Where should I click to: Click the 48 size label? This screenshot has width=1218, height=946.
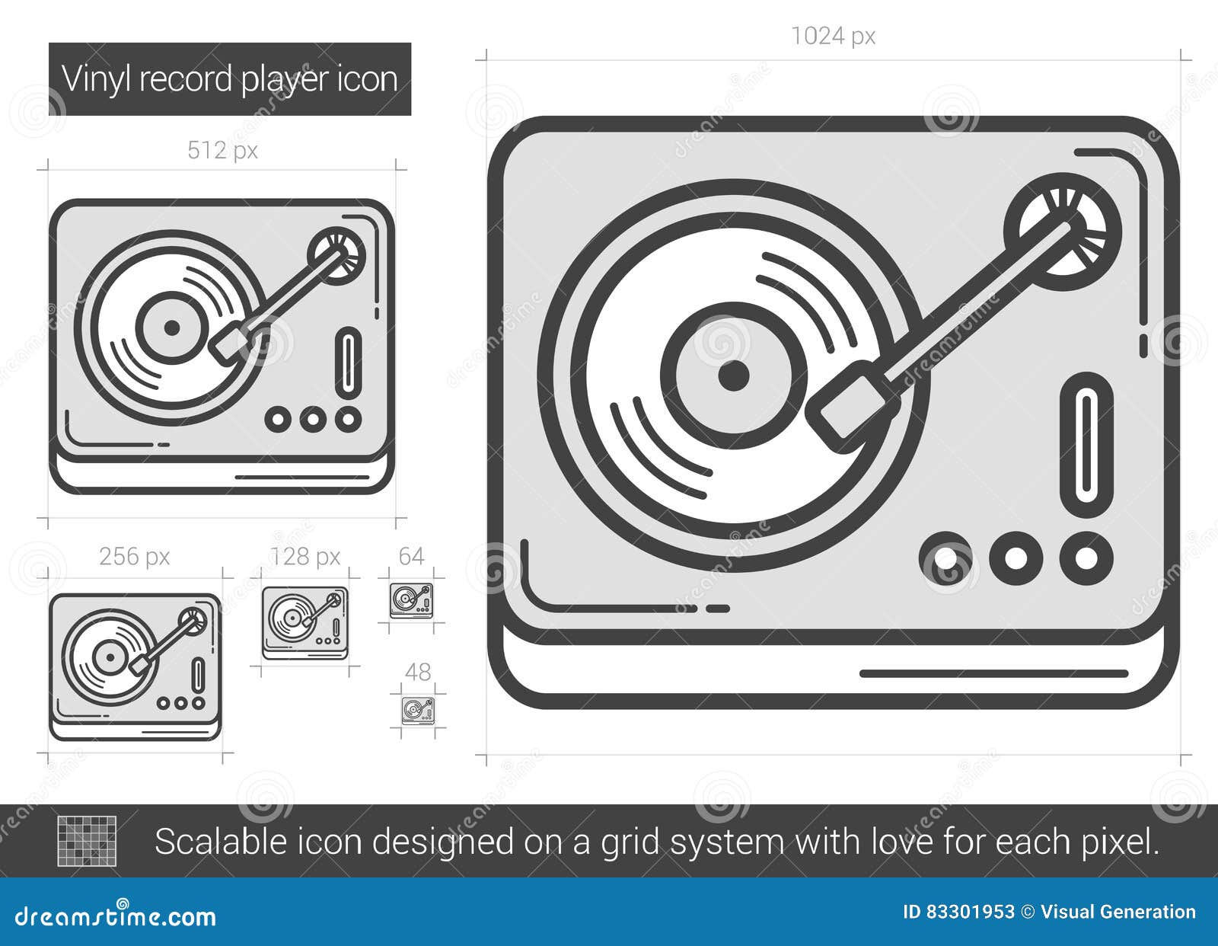click(x=418, y=672)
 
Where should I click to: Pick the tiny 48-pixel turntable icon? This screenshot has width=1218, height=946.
click(x=417, y=710)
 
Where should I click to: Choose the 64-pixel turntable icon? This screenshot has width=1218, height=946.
click(x=411, y=600)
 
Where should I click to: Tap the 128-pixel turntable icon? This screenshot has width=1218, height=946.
click(x=305, y=622)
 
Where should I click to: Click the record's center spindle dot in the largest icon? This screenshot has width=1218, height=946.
click(x=733, y=376)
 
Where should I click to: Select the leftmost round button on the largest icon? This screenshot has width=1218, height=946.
click(x=945, y=558)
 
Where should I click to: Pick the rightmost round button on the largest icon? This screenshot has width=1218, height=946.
click(x=1086, y=558)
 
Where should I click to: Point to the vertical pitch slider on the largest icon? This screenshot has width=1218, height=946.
click(x=1086, y=445)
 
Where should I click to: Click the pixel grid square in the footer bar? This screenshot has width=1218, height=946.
click(x=88, y=841)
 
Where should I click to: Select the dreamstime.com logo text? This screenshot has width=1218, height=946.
click(x=116, y=916)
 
